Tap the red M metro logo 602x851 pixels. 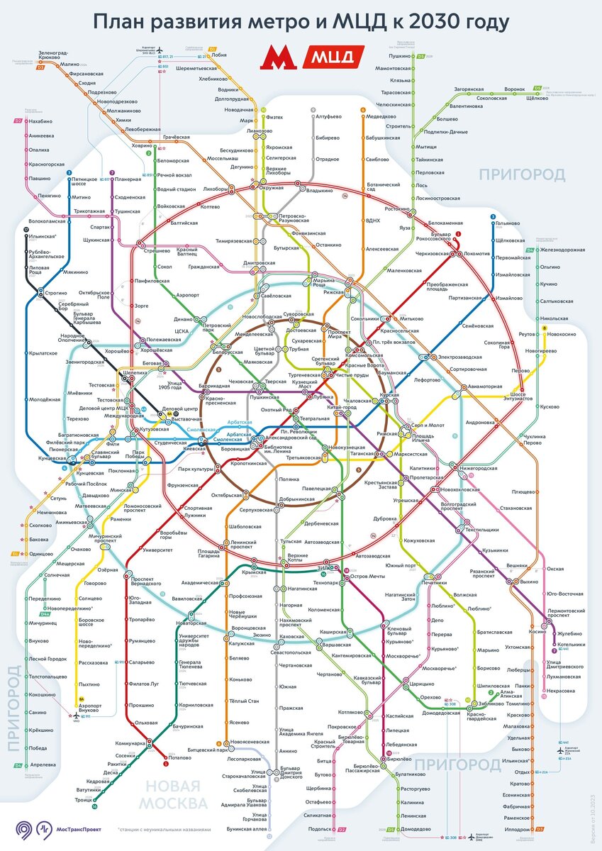pos(277,57)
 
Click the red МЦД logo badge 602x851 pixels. pos(333,57)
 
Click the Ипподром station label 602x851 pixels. pos(516,828)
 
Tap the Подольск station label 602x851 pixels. pos(320,828)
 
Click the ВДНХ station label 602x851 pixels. pos(373,221)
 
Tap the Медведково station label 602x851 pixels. pos(381,116)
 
